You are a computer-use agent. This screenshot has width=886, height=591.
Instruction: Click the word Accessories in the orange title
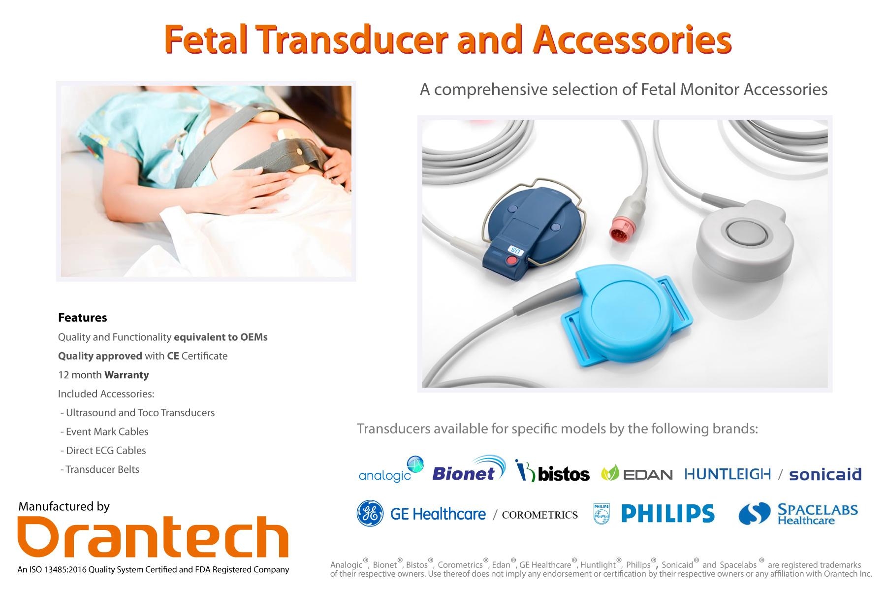click(x=632, y=40)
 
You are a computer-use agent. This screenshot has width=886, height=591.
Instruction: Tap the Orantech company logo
click(x=153, y=537)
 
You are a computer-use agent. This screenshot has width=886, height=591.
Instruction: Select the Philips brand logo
click(x=654, y=514)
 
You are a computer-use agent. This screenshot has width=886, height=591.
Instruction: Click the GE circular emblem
click(x=370, y=514)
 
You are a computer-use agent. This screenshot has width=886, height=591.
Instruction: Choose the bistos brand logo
click(x=552, y=471)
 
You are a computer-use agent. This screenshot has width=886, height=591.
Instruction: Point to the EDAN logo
click(x=637, y=474)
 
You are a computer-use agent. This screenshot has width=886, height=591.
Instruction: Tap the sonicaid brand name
click(x=825, y=474)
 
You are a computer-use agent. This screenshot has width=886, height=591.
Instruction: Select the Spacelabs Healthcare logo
click(x=798, y=514)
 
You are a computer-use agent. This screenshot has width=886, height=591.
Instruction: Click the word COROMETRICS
click(x=539, y=515)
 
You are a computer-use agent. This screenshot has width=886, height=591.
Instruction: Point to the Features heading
click(x=83, y=318)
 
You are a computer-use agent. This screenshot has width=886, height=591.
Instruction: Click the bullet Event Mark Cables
click(x=104, y=432)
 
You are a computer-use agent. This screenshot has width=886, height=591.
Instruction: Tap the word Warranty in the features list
click(x=127, y=375)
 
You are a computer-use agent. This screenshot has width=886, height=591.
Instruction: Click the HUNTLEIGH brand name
click(x=728, y=474)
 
